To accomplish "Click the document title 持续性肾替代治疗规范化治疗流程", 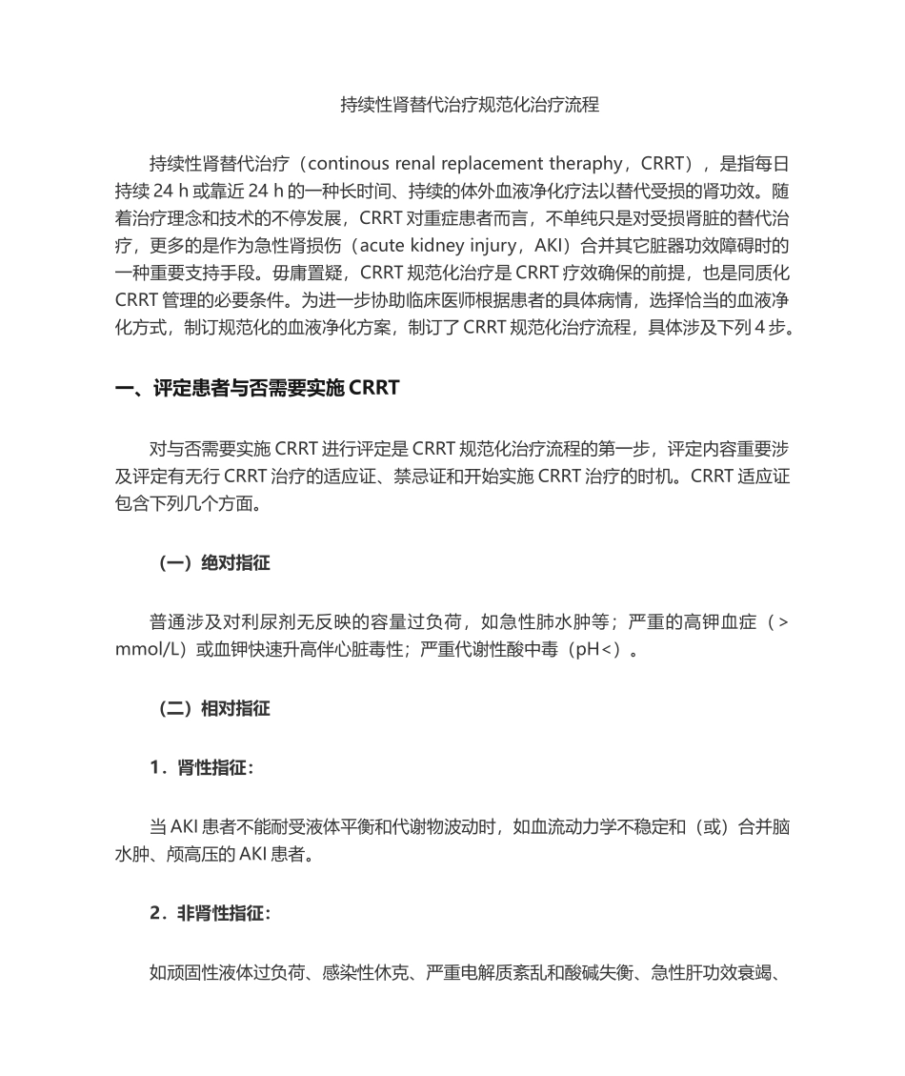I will [x=470, y=106].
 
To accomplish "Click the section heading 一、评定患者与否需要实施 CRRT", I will [x=256, y=388].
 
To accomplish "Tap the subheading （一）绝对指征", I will [x=213, y=563].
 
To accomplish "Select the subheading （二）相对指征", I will [x=213, y=709].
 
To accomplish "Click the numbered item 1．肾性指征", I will [x=202, y=767].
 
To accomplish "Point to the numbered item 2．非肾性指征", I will [x=210, y=914].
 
